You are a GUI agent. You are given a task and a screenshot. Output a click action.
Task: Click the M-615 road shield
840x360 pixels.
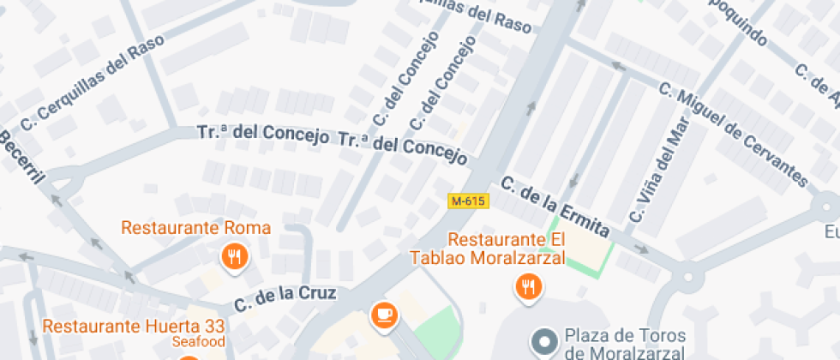pyautogui.click(x=468, y=201)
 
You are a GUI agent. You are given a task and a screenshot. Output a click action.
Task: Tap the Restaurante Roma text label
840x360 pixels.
pyautogui.click(x=195, y=228)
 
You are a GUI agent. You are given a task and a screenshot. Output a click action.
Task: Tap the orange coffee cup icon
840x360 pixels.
pyautogui.click(x=384, y=315)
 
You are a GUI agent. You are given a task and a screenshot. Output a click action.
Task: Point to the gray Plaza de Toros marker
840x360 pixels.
pyautogui.click(x=543, y=343)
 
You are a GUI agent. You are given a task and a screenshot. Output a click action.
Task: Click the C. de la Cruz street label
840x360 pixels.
pyautogui.click(x=285, y=297)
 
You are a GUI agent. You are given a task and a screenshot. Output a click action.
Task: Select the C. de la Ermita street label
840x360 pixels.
pyautogui.click(x=555, y=207)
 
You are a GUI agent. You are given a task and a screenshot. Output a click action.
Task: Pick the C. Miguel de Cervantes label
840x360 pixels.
pyautogui.click(x=733, y=134)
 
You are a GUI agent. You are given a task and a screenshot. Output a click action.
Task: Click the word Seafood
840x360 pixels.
pyautogui.click(x=198, y=342)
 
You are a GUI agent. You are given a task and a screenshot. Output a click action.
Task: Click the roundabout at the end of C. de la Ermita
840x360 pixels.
pyautogui.click(x=687, y=276)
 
